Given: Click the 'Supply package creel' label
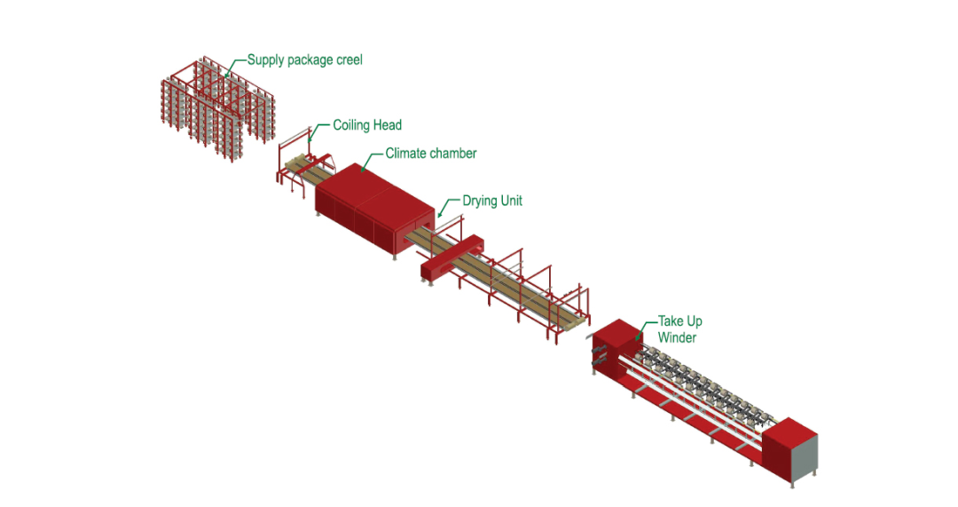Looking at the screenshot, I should (x=304, y=60).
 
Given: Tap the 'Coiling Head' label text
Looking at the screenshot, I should (x=367, y=125).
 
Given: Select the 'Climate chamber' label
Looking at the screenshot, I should (x=430, y=154).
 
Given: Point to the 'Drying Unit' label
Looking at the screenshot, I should (x=492, y=202).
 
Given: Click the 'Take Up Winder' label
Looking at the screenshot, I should (x=679, y=329).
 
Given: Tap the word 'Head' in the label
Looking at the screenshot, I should (x=387, y=125).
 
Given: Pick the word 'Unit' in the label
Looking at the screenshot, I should (x=511, y=202).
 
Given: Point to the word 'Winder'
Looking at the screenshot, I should (x=678, y=337).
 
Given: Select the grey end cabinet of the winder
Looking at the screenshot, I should (x=803, y=457).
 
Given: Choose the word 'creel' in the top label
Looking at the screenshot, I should (x=348, y=60).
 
